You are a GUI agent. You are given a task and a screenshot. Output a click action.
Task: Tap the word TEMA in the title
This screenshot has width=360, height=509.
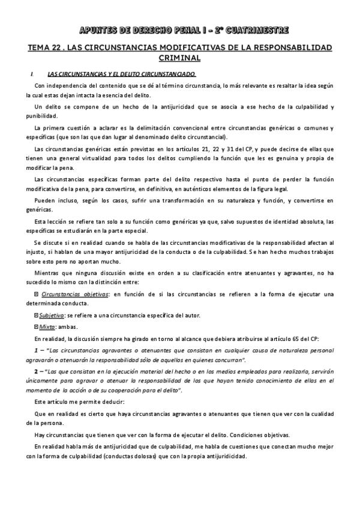click(41, 47)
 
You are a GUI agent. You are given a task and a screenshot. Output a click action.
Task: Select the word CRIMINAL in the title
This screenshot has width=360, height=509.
click(179, 58)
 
